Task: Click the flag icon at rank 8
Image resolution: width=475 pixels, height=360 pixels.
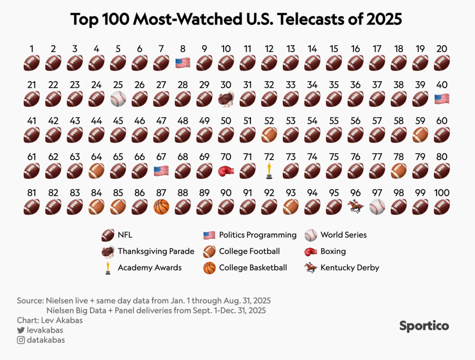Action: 183,63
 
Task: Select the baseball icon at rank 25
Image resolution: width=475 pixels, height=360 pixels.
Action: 118,99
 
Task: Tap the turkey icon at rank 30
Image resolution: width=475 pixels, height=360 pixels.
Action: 226,99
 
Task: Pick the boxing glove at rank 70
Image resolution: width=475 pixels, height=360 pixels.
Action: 226,171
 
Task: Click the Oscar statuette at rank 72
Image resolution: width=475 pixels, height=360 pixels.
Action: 269,171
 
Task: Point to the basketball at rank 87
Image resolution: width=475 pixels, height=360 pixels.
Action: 161,207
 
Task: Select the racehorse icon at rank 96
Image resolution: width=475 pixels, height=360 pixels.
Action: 355,206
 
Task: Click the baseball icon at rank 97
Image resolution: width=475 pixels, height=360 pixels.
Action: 377,207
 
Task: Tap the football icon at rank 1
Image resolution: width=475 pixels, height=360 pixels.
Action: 32,63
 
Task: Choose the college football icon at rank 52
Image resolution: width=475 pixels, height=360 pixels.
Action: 269,135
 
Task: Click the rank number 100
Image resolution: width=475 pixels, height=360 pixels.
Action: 442,193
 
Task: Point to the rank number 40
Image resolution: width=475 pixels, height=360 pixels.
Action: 442,84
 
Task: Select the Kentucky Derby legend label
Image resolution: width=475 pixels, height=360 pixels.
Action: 350,268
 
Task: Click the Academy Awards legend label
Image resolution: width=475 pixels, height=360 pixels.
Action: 150,268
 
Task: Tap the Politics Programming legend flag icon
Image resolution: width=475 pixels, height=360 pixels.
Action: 209,235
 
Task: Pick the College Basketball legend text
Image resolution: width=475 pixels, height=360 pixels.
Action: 253,268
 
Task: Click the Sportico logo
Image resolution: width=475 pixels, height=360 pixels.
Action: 424,326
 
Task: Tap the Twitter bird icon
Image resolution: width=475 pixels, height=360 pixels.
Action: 20,330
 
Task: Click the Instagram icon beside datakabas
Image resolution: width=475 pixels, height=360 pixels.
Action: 20,340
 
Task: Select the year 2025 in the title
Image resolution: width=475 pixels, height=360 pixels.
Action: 384,19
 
